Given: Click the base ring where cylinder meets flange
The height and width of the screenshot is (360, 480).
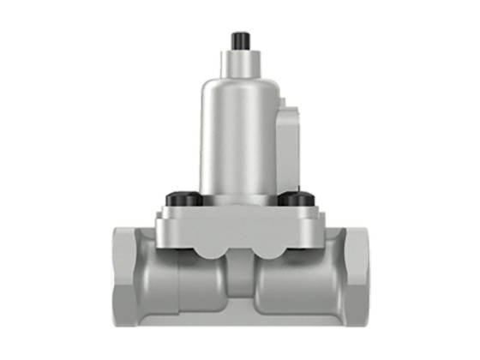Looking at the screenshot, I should (236, 195).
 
